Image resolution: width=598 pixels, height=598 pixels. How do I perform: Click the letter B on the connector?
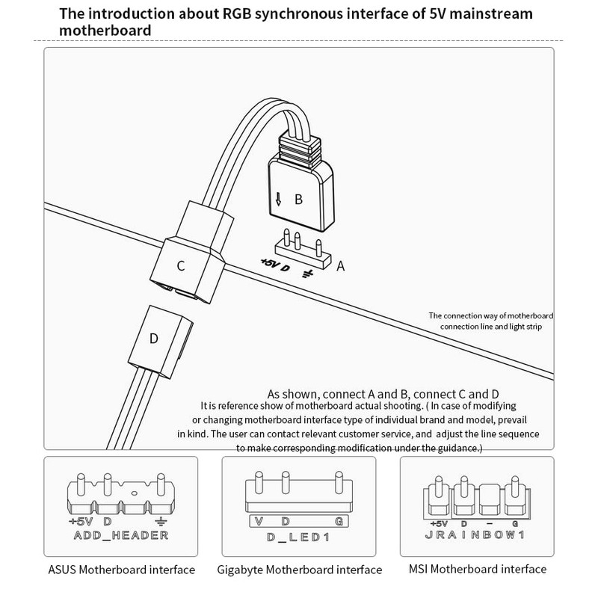pos(298,200)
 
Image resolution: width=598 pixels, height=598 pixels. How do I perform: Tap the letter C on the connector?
pos(181,265)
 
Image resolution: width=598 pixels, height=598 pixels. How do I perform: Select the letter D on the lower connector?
pos(154,338)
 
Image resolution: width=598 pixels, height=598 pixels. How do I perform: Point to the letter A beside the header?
pos(342,265)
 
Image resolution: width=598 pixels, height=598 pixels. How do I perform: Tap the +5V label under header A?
pos(268,263)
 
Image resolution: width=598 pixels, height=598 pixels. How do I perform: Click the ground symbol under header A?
pos(306,274)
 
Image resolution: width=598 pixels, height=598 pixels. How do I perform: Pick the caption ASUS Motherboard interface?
pos(120,570)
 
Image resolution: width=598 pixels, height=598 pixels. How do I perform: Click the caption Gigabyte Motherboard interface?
pos(299,570)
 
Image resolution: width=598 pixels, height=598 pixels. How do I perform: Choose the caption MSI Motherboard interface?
pos(477,570)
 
